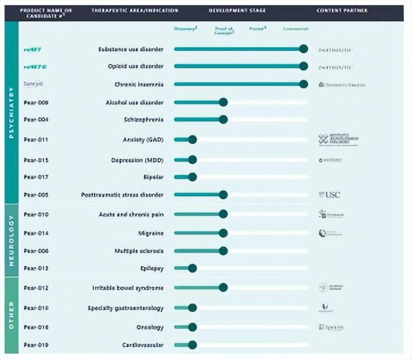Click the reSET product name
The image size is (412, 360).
click(32, 49)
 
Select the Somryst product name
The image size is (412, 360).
click(34, 84)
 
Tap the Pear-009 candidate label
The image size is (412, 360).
click(36, 103)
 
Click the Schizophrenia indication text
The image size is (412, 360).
click(143, 120)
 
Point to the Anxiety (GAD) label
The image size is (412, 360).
click(143, 139)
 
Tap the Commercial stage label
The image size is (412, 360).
click(295, 29)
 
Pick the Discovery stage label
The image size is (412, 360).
click(186, 29)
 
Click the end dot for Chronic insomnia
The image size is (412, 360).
click(303, 84)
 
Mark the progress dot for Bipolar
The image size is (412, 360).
click(193, 177)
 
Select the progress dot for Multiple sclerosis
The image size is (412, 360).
click(223, 251)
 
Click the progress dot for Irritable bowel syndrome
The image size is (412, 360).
click(223, 287)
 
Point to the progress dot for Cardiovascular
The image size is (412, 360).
click(193, 345)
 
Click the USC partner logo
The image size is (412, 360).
click(329, 195)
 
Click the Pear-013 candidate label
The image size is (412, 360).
click(36, 268)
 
